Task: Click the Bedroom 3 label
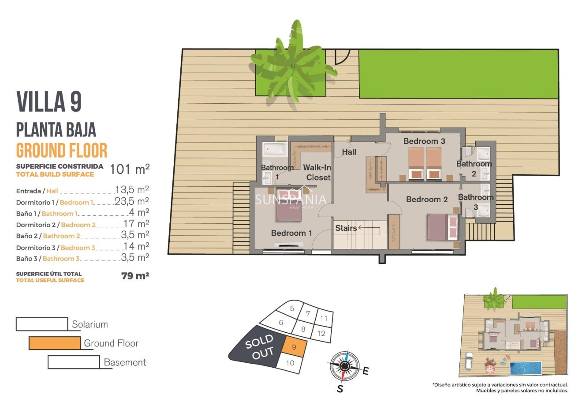[x=424, y=141]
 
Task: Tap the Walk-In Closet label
[x=317, y=173]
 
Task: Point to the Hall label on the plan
[x=349, y=152]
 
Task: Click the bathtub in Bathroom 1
[x=275, y=149]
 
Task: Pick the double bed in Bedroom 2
[x=441, y=226]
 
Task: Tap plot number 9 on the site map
[x=294, y=347]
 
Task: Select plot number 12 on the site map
[x=321, y=333]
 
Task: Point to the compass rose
[x=345, y=365]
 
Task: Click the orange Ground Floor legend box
[x=55, y=343]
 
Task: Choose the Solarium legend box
[x=42, y=324]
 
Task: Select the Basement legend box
[x=74, y=362]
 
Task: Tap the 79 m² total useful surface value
[x=135, y=276]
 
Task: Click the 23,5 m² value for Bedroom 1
[x=132, y=202]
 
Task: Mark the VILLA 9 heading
[x=49, y=102]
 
